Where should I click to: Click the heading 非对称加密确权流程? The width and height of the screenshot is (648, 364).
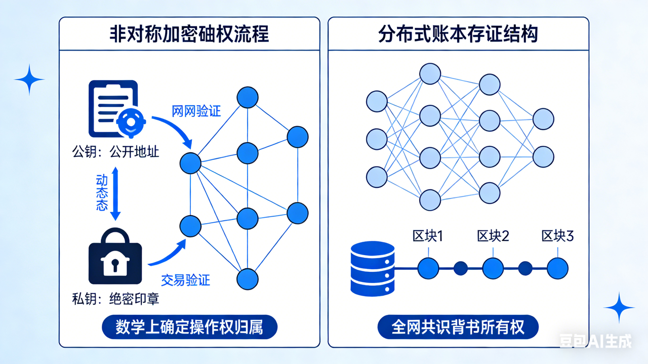tap(189, 34)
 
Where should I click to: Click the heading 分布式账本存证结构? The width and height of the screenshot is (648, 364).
tap(458, 34)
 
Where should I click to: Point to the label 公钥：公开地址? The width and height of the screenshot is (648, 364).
tap(115, 151)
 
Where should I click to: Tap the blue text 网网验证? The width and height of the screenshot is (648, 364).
tap(196, 111)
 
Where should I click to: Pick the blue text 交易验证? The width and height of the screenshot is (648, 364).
tap(185, 279)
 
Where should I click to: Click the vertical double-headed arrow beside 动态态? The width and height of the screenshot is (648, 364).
tap(115, 194)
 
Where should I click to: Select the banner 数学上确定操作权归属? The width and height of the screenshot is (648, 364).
tap(189, 328)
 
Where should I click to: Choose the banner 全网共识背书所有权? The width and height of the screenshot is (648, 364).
tap(458, 328)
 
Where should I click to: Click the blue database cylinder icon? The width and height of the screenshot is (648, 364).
tap(372, 268)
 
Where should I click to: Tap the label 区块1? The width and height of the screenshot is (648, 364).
tap(428, 236)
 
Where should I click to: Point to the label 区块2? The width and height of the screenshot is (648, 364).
tap(493, 236)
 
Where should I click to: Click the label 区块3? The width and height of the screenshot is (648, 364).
tap(557, 236)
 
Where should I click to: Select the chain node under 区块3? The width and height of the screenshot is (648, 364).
tap(557, 268)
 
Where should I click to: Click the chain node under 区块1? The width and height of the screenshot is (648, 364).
tap(428, 268)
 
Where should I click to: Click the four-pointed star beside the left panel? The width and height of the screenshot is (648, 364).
tap(29, 79)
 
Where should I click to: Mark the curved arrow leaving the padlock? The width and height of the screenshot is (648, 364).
tap(167, 256)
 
